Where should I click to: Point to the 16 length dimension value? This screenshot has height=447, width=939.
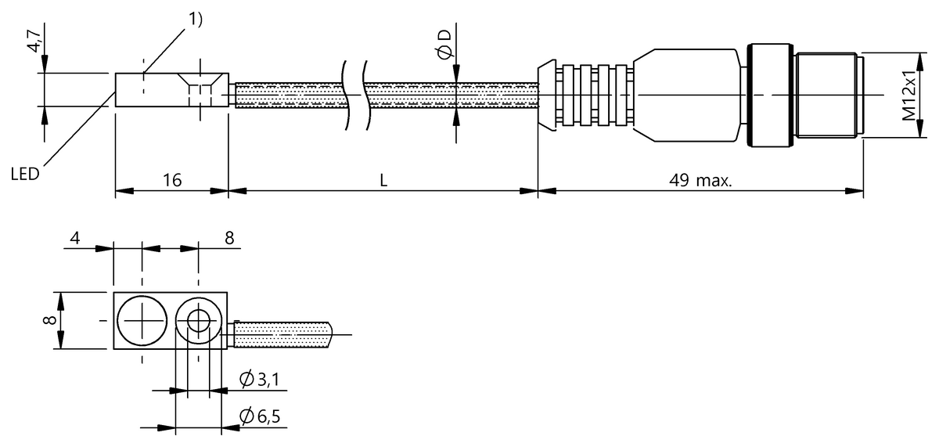tap(172, 180)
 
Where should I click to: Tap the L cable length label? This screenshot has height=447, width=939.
tap(383, 180)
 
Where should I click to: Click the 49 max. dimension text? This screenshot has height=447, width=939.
tap(700, 180)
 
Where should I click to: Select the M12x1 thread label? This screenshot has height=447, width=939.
tap(908, 95)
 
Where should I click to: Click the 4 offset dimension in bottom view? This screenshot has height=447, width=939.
tap(75, 238)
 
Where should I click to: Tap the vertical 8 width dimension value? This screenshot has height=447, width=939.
tap(49, 321)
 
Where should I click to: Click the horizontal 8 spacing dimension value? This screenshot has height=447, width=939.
tap(229, 238)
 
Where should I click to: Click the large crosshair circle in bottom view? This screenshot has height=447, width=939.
tap(142, 321)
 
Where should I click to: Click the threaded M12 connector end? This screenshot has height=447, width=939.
tap(828, 96)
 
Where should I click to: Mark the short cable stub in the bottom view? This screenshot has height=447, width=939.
tap(282, 335)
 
